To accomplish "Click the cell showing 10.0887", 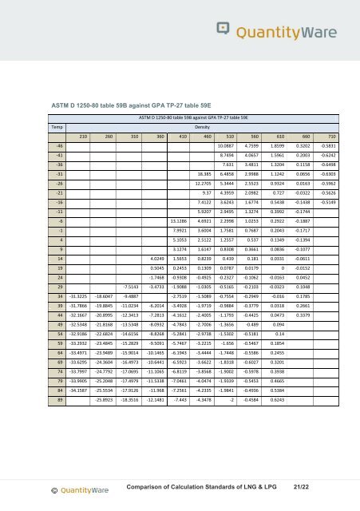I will coord(228,169).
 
